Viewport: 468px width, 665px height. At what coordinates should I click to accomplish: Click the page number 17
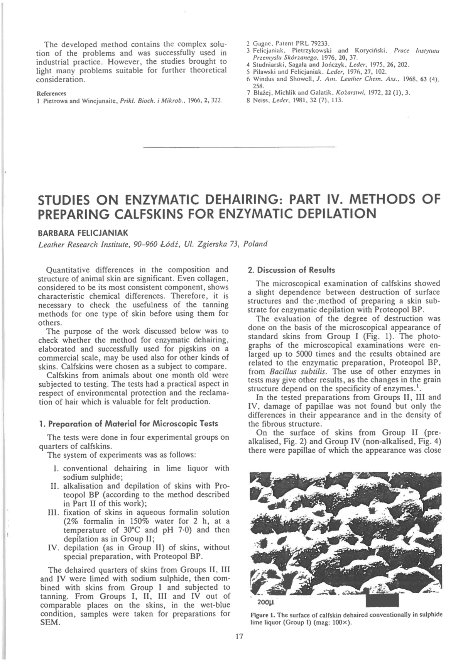[239, 636]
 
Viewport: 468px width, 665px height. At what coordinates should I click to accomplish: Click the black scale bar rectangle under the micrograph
[382, 600]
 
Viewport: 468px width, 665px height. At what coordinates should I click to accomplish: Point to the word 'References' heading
[51, 93]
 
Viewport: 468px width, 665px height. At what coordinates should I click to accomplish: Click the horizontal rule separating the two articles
[238, 147]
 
